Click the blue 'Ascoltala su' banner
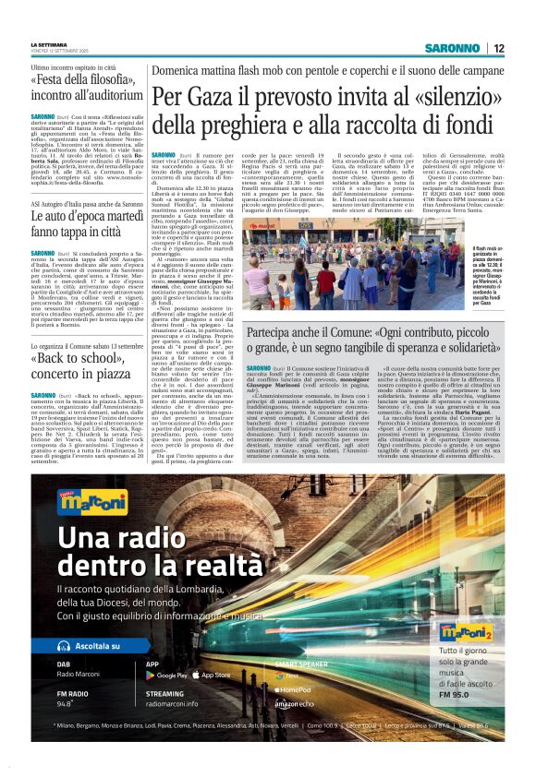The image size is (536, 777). [x=75, y=646]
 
